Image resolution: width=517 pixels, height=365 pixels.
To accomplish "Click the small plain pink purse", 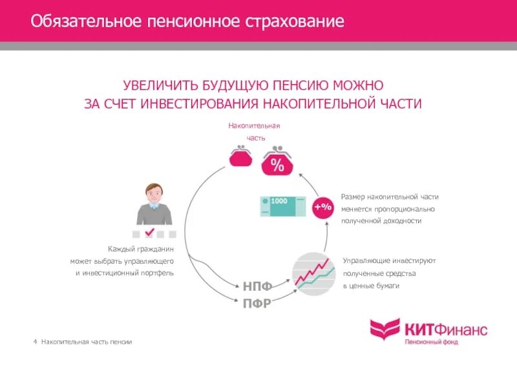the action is [241, 157].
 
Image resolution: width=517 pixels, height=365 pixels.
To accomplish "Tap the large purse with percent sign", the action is [277, 163].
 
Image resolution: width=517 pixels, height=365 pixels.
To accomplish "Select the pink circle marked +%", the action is [322, 207].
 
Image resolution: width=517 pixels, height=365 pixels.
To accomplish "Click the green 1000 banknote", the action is [281, 206].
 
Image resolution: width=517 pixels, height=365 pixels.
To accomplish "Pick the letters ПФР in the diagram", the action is [257, 302].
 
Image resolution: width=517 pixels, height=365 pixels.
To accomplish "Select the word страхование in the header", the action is [294, 22].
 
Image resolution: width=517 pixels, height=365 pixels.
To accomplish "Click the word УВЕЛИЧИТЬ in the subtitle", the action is [159, 85].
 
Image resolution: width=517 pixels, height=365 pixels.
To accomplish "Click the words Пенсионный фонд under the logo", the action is [431, 342].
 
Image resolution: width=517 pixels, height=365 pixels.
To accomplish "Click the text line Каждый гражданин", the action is [142, 248].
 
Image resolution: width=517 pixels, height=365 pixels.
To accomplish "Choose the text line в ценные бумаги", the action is [371, 285].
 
